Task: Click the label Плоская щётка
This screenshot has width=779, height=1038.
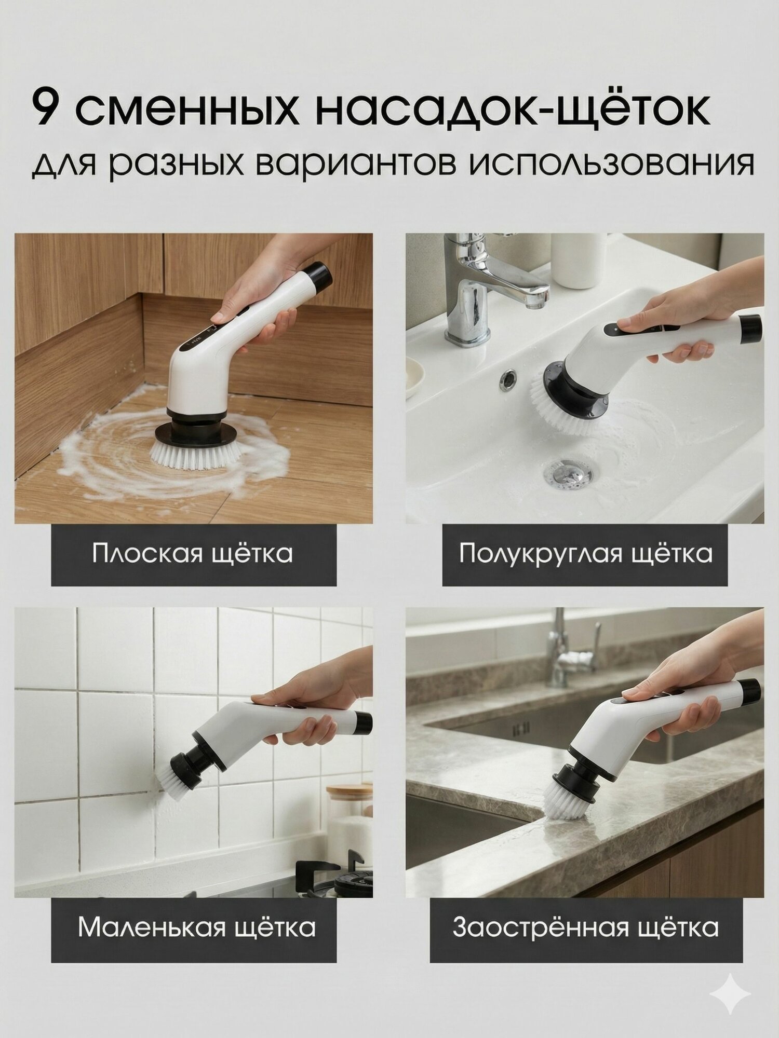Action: tap(193, 553)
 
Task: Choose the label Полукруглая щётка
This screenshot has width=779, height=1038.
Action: tap(585, 553)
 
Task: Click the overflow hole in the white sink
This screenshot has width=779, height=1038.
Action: tap(508, 378)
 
